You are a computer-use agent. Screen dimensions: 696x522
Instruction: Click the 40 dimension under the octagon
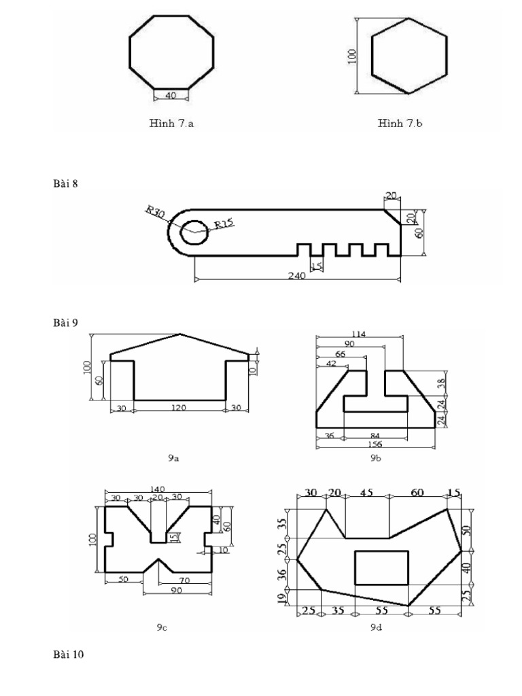coord(171,96)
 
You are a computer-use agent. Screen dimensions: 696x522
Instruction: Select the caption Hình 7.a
coord(171,124)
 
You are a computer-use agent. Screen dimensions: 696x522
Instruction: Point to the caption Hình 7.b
coord(401,124)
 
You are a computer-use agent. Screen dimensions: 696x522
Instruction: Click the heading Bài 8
coord(67,183)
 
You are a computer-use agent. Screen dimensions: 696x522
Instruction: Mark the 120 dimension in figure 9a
coord(179,407)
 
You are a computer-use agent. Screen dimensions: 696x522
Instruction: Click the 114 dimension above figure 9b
coord(359,334)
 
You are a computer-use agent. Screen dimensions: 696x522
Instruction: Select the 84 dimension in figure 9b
coord(375,435)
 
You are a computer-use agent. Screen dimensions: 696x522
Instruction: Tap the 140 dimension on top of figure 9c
coord(157,489)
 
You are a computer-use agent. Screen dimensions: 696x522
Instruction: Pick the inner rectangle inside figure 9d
coord(382,568)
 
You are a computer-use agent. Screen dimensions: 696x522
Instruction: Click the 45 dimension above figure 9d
coord(367,493)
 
